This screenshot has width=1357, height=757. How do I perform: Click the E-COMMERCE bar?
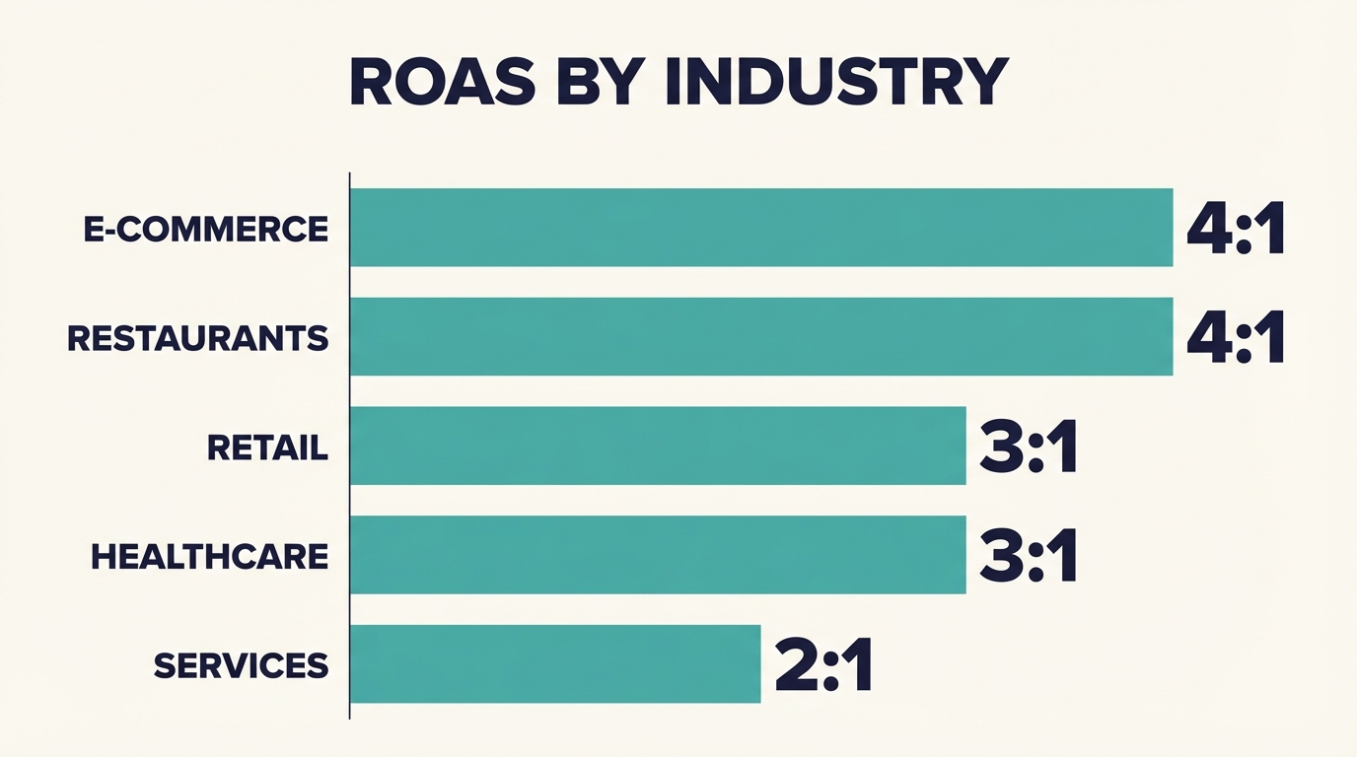[761, 228]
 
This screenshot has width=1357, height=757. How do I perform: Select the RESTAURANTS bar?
[761, 337]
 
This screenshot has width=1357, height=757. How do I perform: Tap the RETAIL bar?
[658, 446]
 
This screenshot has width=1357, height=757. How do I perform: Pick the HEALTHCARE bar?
[658, 555]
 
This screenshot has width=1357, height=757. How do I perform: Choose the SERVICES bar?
[555, 663]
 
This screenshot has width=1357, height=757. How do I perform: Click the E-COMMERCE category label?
[206, 230]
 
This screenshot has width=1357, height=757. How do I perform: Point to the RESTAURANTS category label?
[198, 339]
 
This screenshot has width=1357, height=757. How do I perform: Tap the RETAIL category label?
[267, 448]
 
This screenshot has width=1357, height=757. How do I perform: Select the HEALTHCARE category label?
[209, 557]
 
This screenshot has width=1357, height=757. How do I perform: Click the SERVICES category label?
[241, 666]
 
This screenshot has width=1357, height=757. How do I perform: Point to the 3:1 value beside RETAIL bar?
[1029, 449]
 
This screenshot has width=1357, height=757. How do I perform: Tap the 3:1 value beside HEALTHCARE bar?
[1029, 558]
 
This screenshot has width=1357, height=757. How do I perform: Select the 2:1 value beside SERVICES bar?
[823, 667]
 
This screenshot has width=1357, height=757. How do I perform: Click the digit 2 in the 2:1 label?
[797, 667]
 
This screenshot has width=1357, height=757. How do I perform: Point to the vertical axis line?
[350, 444]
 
